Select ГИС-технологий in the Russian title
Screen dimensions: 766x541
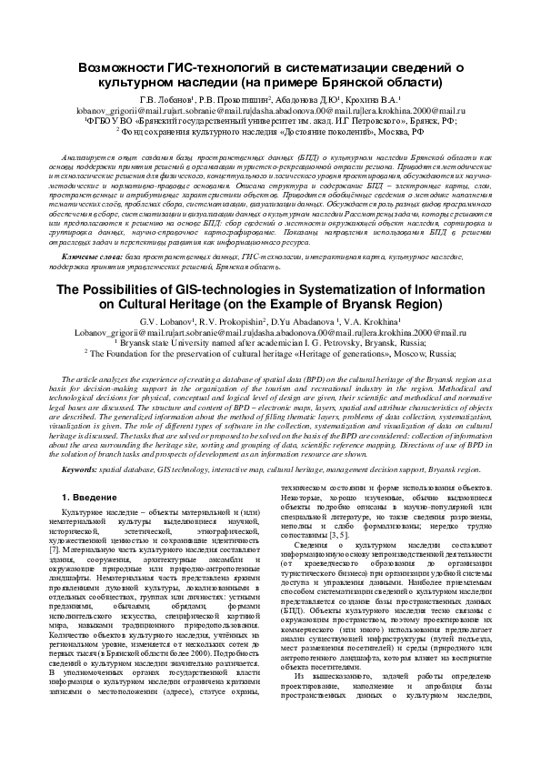pyautogui.click(x=218, y=67)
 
